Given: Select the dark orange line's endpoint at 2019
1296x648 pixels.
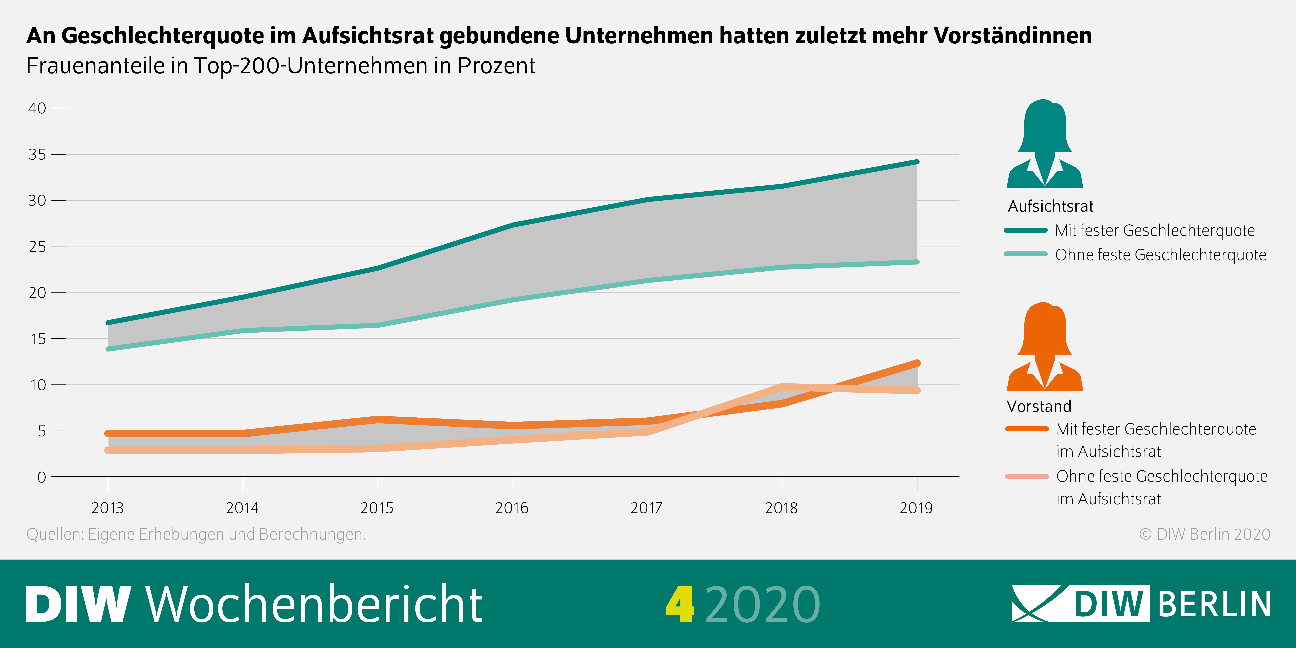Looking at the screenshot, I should [917, 363].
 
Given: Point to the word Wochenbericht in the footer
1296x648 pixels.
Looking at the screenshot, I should [314, 604].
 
